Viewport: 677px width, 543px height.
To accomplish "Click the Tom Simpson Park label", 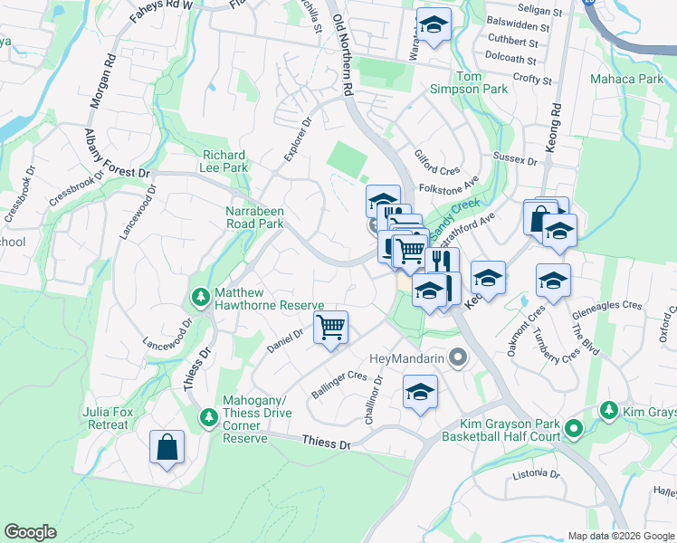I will tap(482, 83).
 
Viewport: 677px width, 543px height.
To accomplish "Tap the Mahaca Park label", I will tap(627, 80).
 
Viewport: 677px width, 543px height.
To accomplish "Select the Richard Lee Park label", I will tap(225, 161).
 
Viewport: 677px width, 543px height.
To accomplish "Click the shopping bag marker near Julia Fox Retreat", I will tap(167, 447).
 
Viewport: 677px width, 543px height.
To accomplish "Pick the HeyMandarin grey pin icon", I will tap(458, 358).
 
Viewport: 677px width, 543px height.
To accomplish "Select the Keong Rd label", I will tap(556, 127).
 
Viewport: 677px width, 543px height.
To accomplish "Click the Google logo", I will tap(30, 532).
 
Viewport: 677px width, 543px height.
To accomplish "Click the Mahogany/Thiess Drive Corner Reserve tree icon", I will tap(207, 415).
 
